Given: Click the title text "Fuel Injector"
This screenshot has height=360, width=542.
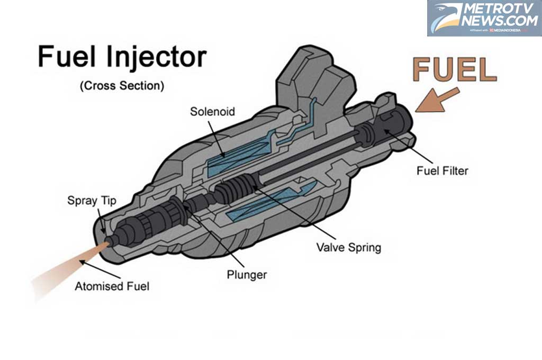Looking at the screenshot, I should [122, 57].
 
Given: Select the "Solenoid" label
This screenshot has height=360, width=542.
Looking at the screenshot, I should [212, 112].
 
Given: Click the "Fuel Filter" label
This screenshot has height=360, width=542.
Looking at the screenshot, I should [442, 170].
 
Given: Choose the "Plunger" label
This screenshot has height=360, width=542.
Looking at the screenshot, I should [246, 275].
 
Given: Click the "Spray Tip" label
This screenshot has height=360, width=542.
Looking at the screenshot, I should [92, 201].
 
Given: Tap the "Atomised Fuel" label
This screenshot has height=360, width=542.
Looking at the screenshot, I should [112, 287].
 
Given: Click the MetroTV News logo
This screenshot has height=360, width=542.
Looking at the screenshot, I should [484, 19].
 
